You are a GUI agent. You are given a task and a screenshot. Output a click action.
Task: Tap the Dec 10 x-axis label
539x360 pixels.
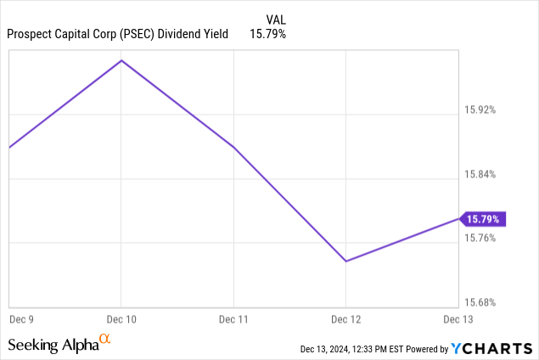pos(121,319)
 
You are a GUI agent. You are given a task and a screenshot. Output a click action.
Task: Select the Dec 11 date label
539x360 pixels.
pos(233,319)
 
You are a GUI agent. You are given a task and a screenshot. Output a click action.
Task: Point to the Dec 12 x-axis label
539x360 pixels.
pos(345,319)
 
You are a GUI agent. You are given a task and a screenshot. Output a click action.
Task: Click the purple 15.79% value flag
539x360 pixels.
pos(483,219)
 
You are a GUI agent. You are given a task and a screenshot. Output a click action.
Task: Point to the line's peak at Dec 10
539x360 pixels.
pos(121,60)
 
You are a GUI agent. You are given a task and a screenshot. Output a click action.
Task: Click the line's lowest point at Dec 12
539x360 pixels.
pos(346,261)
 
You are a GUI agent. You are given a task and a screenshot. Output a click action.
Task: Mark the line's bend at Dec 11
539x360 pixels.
pos(233,148)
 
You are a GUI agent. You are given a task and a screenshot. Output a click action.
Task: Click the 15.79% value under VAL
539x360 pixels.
pos(268,34)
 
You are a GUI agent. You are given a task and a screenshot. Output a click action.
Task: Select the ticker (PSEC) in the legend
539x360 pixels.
pos(144,34)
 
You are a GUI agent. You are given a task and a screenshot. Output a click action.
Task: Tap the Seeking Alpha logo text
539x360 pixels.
pos(53,345)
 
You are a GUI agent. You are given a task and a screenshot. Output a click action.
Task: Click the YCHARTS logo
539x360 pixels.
pos(492,348)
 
